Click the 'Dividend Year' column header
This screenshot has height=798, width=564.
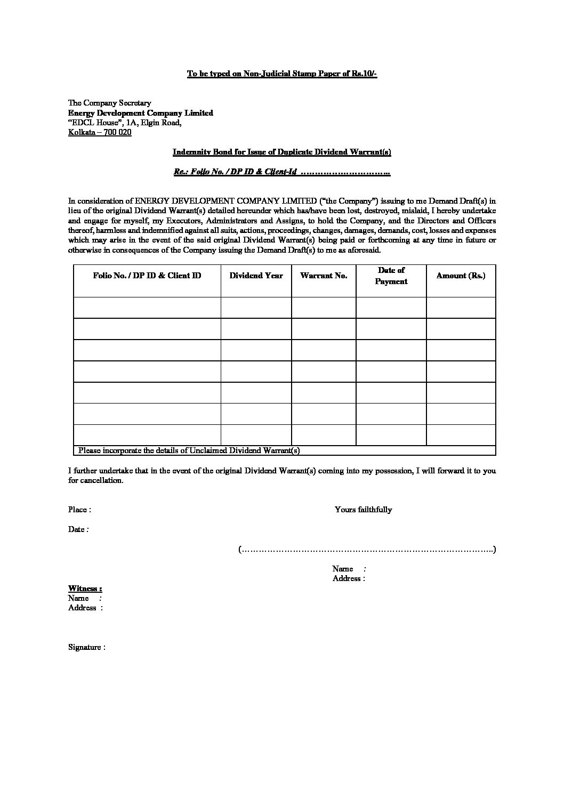coord(256,276)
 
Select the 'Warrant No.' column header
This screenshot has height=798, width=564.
coord(324,276)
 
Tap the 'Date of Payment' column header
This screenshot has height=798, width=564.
coord(391,276)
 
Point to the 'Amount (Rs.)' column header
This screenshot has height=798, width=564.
coord(461,276)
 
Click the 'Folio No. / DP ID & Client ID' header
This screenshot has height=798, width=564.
coord(147,276)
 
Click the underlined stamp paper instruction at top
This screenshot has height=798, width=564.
coord(281,74)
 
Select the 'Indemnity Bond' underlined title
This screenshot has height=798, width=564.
coord(281,152)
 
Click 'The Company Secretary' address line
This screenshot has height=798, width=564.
coord(109,103)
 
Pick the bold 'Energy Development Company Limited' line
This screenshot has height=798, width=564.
coord(140,113)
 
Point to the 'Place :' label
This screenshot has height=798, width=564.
coord(79,510)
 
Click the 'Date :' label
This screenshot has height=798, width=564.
coord(78,529)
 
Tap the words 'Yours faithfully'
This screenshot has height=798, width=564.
coord(363,510)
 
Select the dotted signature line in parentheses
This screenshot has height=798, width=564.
coord(367,549)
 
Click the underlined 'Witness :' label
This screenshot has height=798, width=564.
coord(85,589)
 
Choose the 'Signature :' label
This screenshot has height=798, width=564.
coord(86,647)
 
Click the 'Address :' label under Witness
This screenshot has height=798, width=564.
coord(85,608)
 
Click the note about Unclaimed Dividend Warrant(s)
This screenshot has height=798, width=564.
coord(189,450)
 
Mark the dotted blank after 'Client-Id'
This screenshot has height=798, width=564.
coord(345,173)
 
